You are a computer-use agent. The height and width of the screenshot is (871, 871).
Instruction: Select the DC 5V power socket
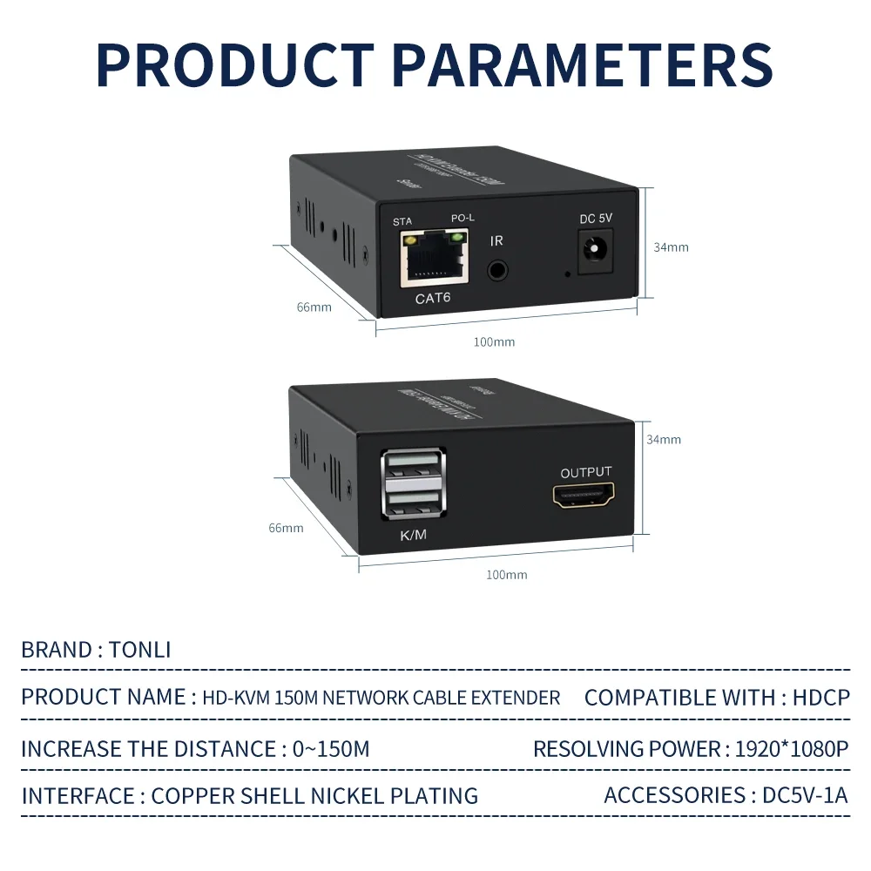coord(596,252)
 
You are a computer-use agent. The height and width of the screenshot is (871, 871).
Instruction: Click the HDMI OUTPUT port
coord(585,497)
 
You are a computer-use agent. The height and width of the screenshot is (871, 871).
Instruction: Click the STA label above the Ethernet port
coord(402,221)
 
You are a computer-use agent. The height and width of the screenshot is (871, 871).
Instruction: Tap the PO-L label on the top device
coord(463,218)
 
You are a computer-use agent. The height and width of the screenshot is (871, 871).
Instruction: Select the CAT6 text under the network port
coord(434,300)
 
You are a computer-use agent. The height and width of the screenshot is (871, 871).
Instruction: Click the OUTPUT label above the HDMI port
coord(585,472)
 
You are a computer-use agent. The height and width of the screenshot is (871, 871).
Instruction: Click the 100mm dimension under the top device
coord(494,341)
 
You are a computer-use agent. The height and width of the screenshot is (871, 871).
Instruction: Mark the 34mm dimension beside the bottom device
coord(663,439)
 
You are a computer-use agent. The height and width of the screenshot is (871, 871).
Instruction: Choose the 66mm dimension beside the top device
coord(314,307)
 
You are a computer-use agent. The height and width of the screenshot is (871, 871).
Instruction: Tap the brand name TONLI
coord(140,650)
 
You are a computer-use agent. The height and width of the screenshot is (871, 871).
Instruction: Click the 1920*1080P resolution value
coord(791,748)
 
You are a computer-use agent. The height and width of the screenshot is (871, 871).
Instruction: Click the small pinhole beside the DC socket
coord(568,275)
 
